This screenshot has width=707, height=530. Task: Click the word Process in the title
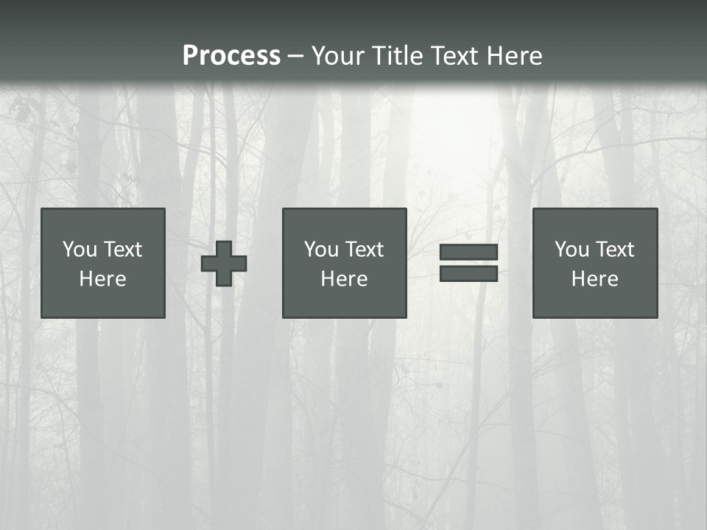tap(231, 56)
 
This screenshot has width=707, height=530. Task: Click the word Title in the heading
tap(398, 56)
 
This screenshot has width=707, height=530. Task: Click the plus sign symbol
tap(224, 264)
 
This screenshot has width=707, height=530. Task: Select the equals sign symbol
tap(468, 263)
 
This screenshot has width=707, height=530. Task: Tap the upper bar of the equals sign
tap(468, 252)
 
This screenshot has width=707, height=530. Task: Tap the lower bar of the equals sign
tap(468, 273)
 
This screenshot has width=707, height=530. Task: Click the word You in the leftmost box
tap(80, 250)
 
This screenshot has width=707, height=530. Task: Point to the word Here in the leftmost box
tap(103, 279)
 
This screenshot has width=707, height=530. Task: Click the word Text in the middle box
tap(365, 250)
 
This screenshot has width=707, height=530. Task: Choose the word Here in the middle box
tap(345, 279)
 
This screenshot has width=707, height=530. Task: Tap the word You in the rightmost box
tap(572, 250)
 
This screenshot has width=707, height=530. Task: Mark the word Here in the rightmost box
tap(595, 279)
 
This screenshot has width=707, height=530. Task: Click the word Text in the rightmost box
tap(615, 250)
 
